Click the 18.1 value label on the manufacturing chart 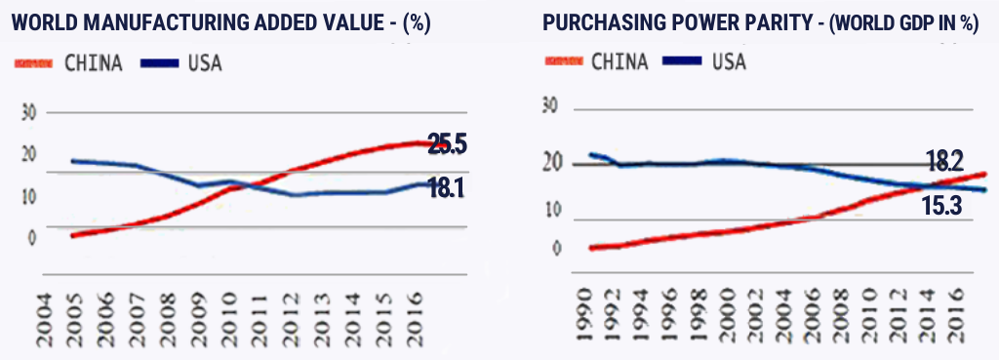coord(444,188)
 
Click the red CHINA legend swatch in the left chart coord(33,64)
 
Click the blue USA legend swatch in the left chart coord(159,64)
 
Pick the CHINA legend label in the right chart coord(619,62)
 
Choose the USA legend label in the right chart coord(729,62)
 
